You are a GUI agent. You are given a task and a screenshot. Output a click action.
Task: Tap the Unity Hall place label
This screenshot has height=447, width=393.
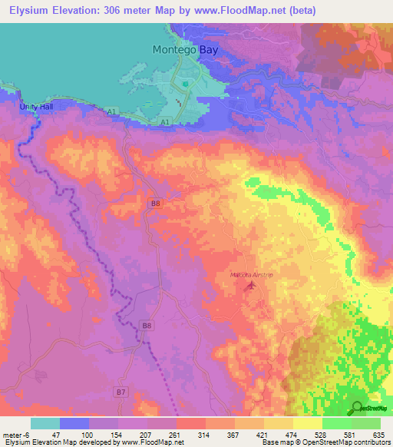point(35,107)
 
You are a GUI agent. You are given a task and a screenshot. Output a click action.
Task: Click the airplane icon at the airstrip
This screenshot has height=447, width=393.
point(249,286)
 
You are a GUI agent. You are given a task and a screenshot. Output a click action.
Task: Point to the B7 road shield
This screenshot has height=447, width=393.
point(121,392)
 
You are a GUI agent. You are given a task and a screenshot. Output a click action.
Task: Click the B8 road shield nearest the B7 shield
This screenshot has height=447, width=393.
point(146,326)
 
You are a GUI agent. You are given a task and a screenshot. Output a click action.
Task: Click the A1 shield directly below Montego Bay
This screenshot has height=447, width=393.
point(165,121)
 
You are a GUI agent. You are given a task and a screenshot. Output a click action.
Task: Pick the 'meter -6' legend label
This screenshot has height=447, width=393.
point(15,435)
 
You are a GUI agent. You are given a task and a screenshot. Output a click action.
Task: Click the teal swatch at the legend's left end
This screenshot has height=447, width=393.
point(45,423)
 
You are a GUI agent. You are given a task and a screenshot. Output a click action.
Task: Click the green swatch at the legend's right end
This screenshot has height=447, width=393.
point(365,423)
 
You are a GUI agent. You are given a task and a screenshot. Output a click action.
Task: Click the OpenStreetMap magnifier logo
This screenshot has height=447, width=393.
point(357,408)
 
